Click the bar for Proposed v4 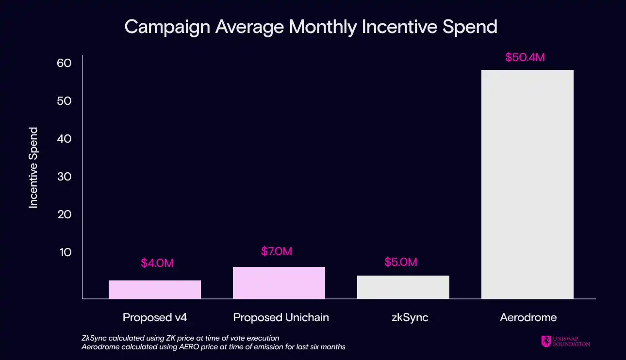pos(154,289)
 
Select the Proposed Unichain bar pos(279,282)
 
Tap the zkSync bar pos(403,287)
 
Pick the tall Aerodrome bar pos(527,184)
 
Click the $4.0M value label pos(157,263)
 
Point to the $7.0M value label pos(277,251)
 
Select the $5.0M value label pos(401,262)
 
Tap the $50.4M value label pos(525,57)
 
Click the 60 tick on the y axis pos(64,63)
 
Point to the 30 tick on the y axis pos(64,177)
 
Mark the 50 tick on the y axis pos(64,101)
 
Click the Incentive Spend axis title pos(33,168)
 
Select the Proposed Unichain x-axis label pos(281,318)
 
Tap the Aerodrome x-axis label pos(528,318)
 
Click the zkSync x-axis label pos(404,318)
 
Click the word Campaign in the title pos(166,27)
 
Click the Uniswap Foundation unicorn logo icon pos(546,341)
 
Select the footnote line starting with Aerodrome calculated pos(214,347)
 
